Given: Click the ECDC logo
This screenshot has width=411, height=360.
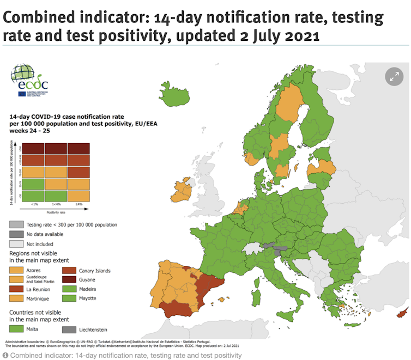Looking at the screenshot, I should click(30, 81).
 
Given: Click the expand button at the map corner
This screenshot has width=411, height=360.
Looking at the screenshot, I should click(394, 76).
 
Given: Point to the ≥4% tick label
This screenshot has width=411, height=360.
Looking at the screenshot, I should click(79, 205).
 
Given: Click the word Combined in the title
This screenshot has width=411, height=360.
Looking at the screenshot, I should click(39, 17).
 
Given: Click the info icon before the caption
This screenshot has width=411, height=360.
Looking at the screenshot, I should click(5, 355).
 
